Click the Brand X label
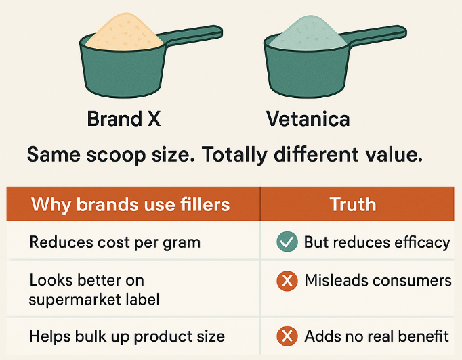(x=124, y=119)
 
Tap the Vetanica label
(x=308, y=119)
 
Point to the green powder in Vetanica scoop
(x=308, y=33)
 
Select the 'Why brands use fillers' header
(x=130, y=204)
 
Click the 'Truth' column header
(x=353, y=204)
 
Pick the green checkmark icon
(x=287, y=242)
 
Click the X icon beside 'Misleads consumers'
(x=287, y=281)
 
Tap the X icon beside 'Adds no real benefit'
(x=287, y=336)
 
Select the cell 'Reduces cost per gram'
(x=115, y=243)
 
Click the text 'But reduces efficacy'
(x=377, y=242)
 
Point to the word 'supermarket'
(x=75, y=300)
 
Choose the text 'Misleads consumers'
(x=378, y=280)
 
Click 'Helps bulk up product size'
(x=127, y=336)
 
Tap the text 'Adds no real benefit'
(x=377, y=336)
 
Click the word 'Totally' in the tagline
(x=234, y=155)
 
